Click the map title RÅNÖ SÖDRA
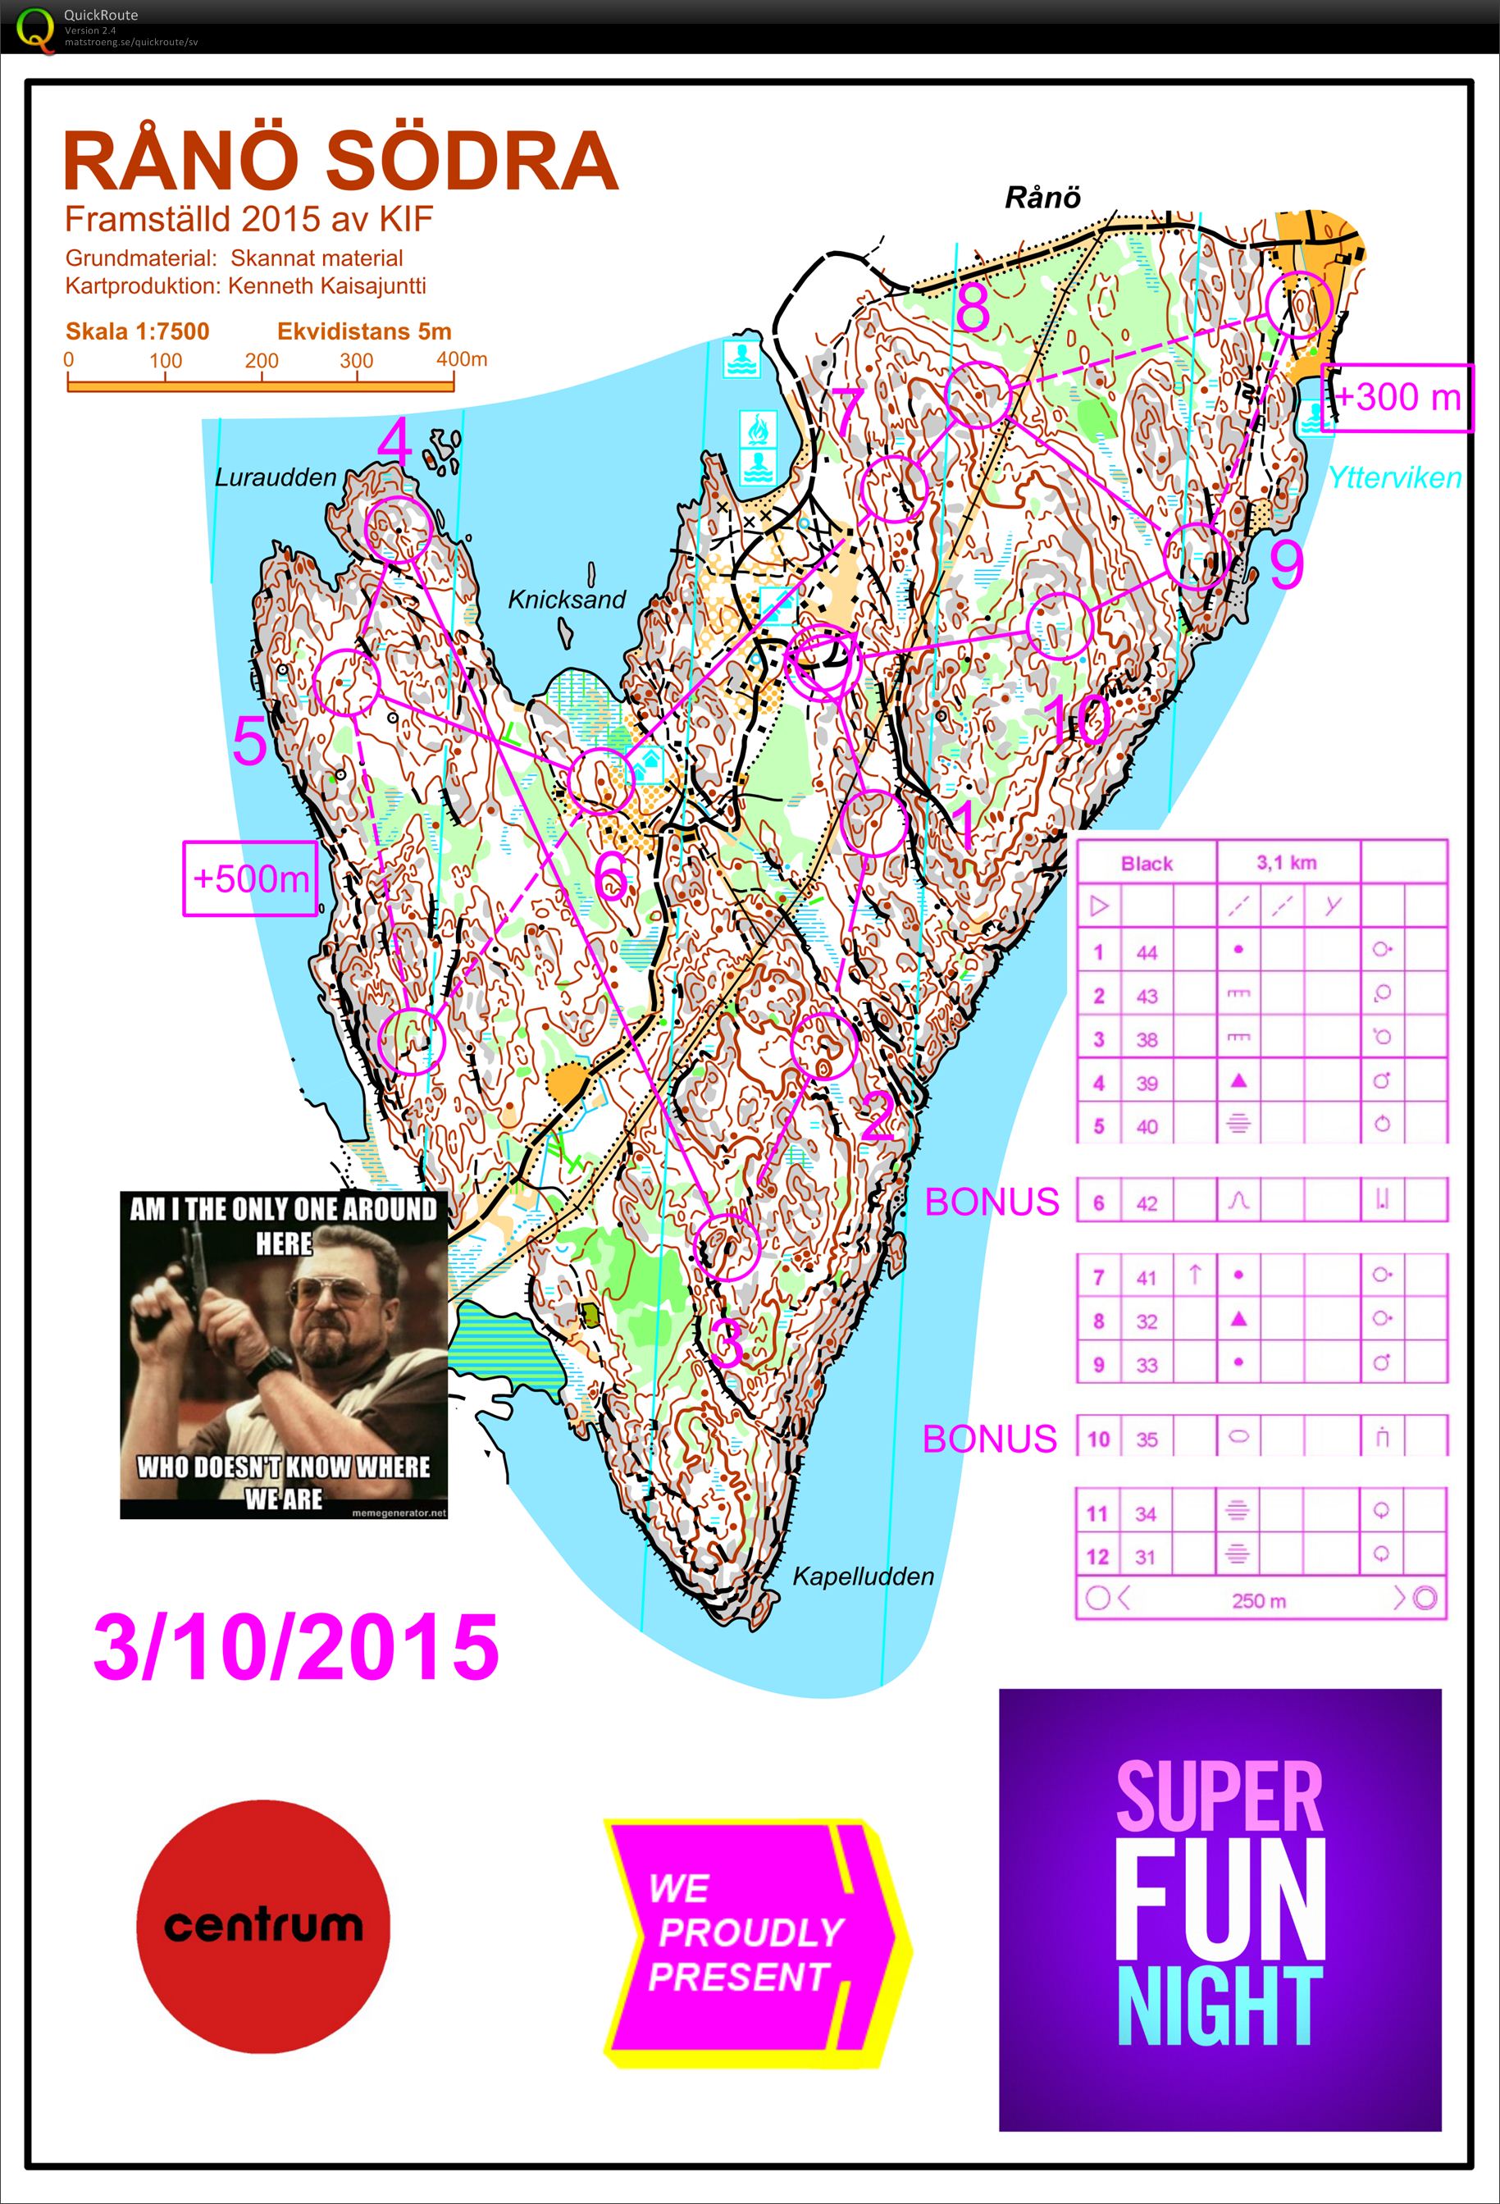pyautogui.click(x=340, y=162)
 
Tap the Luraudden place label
pyautogui.click(x=275, y=477)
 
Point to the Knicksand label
pyautogui.click(x=566, y=600)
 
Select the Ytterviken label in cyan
pyautogui.click(x=1394, y=477)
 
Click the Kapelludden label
pyautogui.click(x=863, y=1577)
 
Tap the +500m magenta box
pyautogui.click(x=250, y=878)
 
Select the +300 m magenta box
pyautogui.click(x=1397, y=397)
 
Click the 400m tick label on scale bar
pyautogui.click(x=462, y=359)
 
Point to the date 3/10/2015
pyautogui.click(x=296, y=1647)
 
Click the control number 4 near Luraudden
pyautogui.click(x=394, y=442)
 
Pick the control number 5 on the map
pyautogui.click(x=249, y=741)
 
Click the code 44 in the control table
pyautogui.click(x=1147, y=952)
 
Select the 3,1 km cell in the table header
pyautogui.click(x=1287, y=862)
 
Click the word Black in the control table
pyautogui.click(x=1147, y=863)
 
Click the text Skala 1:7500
pyautogui.click(x=138, y=331)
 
